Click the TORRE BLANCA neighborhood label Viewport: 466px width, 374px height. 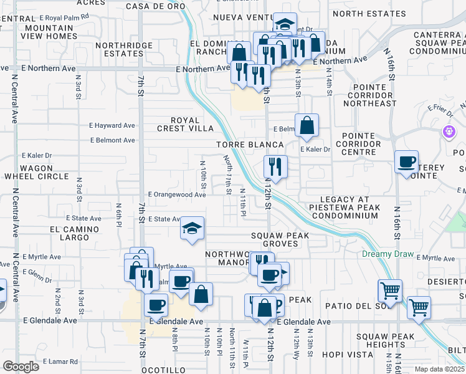click(241, 144)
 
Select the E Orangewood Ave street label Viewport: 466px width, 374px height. click(176, 194)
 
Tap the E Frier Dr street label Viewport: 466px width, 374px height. click(439, 108)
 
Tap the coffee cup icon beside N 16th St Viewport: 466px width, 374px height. click(407, 163)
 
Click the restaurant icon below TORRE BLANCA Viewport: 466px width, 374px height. click(275, 166)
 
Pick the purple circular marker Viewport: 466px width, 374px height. click(449, 132)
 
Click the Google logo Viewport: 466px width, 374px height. click(21, 367)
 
